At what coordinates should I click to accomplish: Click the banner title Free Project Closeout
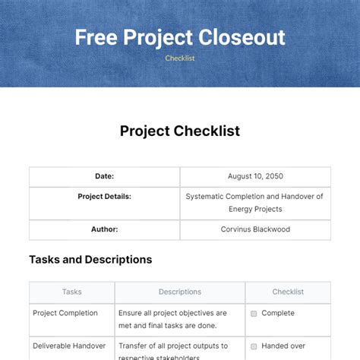(x=179, y=37)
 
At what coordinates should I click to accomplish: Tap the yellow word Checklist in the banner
(x=179, y=58)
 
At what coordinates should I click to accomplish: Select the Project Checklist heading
(x=179, y=131)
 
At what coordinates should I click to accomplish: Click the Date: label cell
(x=105, y=176)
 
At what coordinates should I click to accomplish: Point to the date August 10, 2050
(x=255, y=176)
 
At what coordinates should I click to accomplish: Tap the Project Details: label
(x=105, y=196)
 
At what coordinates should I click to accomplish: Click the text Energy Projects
(x=255, y=209)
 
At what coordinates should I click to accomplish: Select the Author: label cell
(x=105, y=229)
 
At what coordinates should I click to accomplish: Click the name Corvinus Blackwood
(x=255, y=229)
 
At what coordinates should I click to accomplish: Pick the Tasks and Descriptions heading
(x=90, y=260)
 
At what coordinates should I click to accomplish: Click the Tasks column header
(x=72, y=292)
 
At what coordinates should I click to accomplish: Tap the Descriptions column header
(x=180, y=292)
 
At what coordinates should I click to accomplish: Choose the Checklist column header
(x=288, y=292)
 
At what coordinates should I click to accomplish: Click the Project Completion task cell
(x=65, y=313)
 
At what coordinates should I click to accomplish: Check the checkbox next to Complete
(x=254, y=313)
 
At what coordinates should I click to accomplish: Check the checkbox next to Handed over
(x=254, y=346)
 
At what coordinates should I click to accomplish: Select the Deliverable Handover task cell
(x=69, y=346)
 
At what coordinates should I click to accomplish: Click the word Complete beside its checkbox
(x=277, y=313)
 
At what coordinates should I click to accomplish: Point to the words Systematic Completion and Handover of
(x=255, y=196)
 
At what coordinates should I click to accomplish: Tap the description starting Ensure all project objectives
(x=173, y=319)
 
